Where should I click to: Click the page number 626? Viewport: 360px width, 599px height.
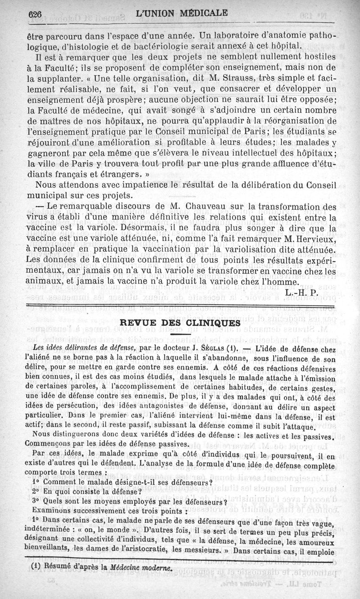pyautogui.click(x=36, y=14)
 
